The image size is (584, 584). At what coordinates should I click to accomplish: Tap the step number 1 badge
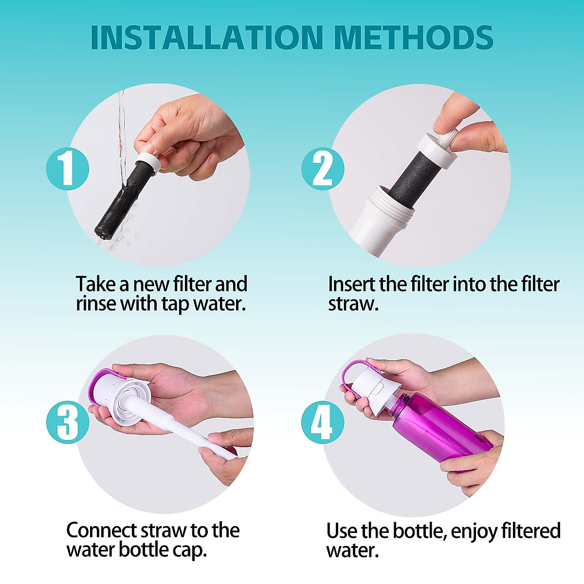pos(67,169)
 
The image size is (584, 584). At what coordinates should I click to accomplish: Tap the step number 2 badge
pos(322,169)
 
